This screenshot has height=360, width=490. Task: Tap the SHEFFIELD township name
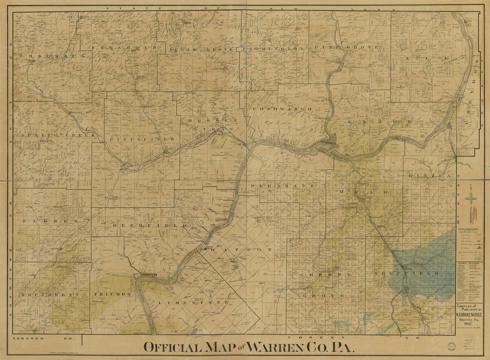pos(407,273)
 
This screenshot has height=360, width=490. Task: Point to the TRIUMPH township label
pos(112,295)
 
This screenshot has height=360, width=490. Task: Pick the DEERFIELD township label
pos(150,226)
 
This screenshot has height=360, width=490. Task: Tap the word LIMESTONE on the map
pos(197,303)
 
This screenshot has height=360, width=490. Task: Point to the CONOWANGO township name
pos(283,109)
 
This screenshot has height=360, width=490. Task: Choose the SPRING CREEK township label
pos(58,135)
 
